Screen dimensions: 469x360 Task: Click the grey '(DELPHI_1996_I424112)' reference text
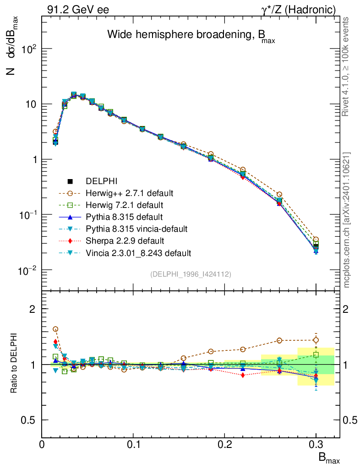pyautogui.click(x=190, y=274)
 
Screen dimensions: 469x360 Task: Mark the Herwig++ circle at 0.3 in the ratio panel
pyautogui.click(x=316, y=340)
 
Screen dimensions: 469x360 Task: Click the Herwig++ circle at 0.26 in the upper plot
pyautogui.click(x=279, y=195)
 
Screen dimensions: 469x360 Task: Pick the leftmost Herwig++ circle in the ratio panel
pyautogui.click(x=55, y=329)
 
